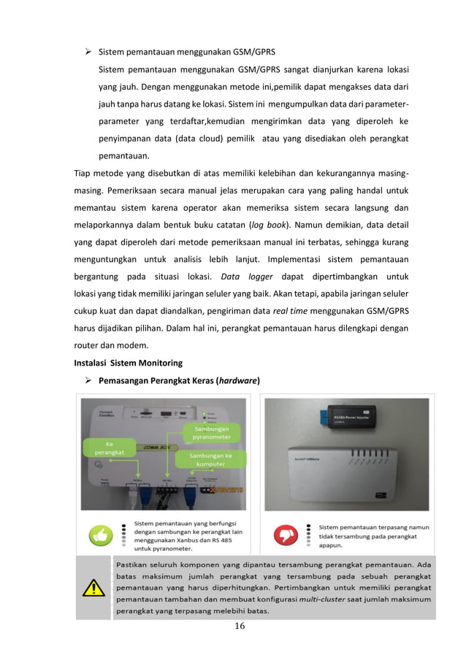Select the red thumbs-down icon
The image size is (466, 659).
coord(285,535)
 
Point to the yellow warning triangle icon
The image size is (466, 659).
coord(94,587)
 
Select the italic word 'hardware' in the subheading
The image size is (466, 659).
coord(236,379)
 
